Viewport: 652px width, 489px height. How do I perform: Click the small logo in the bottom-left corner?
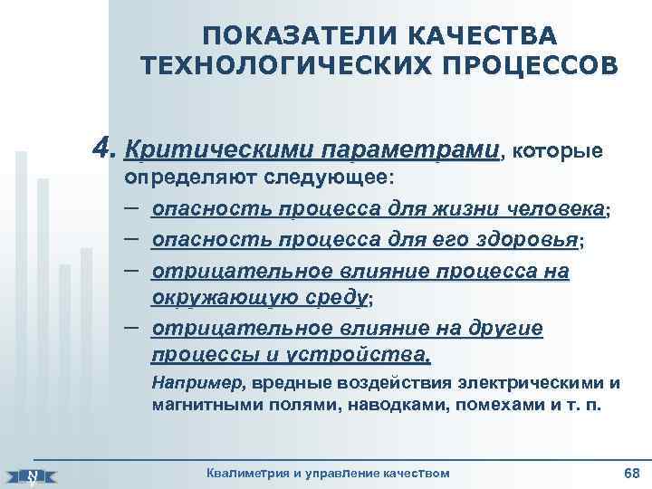click(34, 475)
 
